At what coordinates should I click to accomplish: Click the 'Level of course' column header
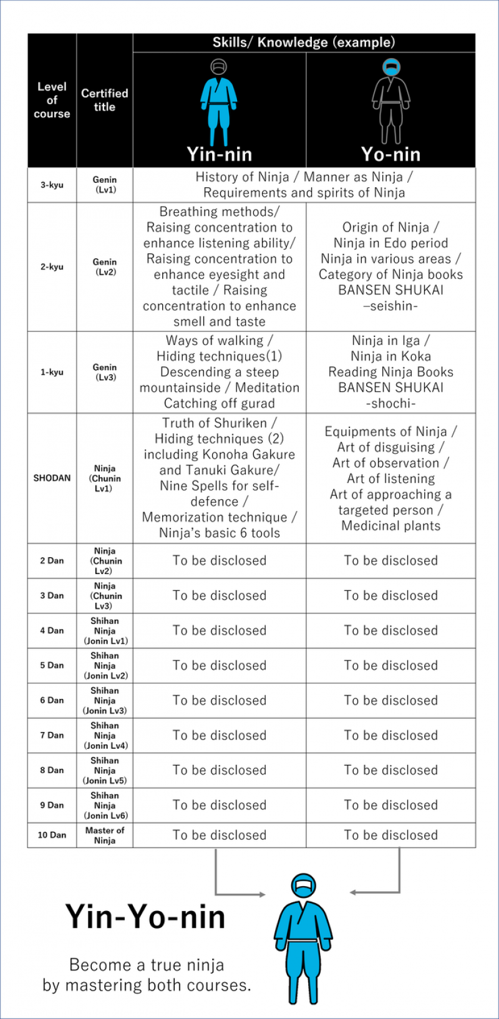tap(52, 100)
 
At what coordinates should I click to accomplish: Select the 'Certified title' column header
tap(104, 100)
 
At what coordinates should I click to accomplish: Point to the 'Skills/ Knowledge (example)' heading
tap(304, 42)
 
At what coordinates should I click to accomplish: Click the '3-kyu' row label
tap(52, 185)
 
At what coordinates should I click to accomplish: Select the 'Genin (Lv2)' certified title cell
tap(104, 266)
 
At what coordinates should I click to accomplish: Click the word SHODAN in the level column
tap(52, 478)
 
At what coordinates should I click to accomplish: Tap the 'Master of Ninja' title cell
tap(104, 835)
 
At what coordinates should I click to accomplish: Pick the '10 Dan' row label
tap(52, 835)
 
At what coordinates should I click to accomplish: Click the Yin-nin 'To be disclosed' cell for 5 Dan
tap(219, 665)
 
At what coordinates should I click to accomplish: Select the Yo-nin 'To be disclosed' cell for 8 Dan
tap(391, 770)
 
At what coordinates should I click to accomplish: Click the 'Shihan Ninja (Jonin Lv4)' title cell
tap(104, 735)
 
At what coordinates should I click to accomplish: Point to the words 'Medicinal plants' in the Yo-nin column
tap(391, 525)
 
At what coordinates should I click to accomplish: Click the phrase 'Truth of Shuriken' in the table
tap(214, 423)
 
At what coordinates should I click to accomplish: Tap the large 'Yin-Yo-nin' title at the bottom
tap(145, 917)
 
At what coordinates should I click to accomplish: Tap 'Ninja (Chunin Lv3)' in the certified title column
tap(104, 595)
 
